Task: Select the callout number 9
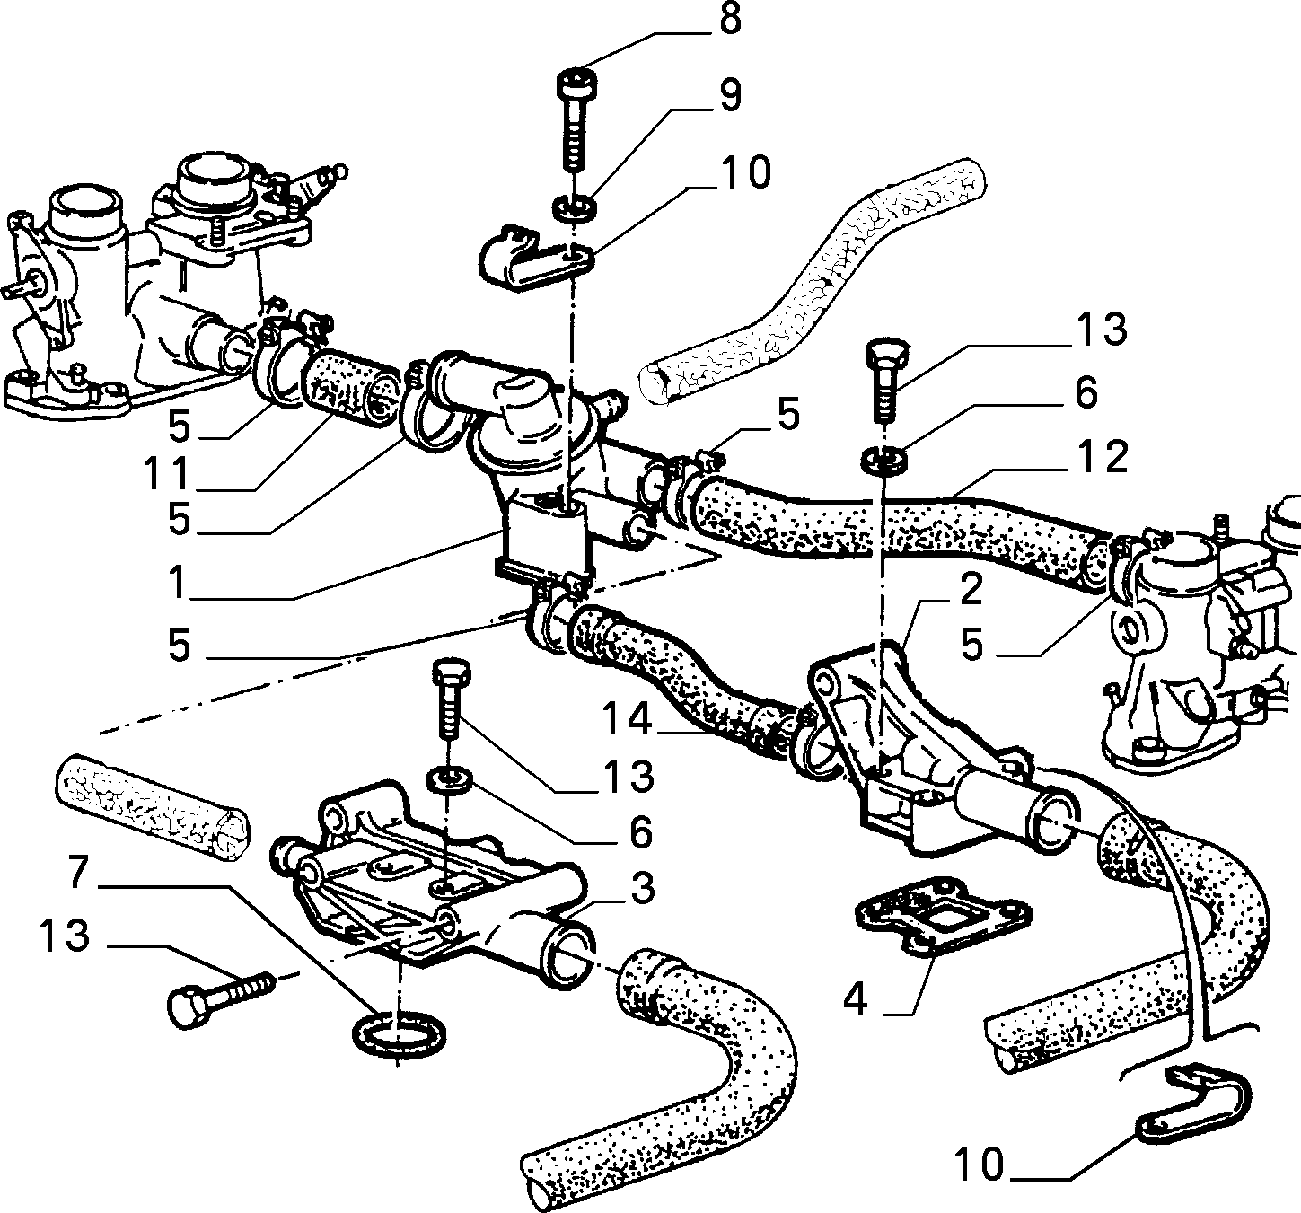[730, 95]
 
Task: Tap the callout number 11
[166, 473]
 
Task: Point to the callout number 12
[1103, 457]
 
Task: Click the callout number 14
[627, 719]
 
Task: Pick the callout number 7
[78, 874]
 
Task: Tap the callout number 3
[643, 889]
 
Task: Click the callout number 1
[178, 583]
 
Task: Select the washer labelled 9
[576, 207]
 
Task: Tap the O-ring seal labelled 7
[399, 1034]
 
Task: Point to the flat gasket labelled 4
[945, 918]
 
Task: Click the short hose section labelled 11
[351, 390]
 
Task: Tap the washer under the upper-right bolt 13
[883, 459]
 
